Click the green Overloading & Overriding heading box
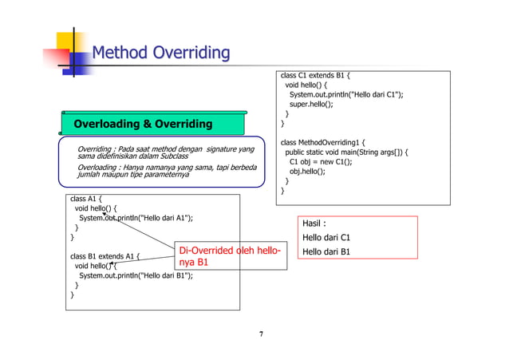pos(144,124)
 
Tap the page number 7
pos(260,334)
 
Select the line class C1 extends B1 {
pos(315,76)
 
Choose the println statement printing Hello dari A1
pos(136,218)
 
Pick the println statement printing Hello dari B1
pos(136,276)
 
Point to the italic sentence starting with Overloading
pos(166,171)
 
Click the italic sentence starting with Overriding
pos(164,153)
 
